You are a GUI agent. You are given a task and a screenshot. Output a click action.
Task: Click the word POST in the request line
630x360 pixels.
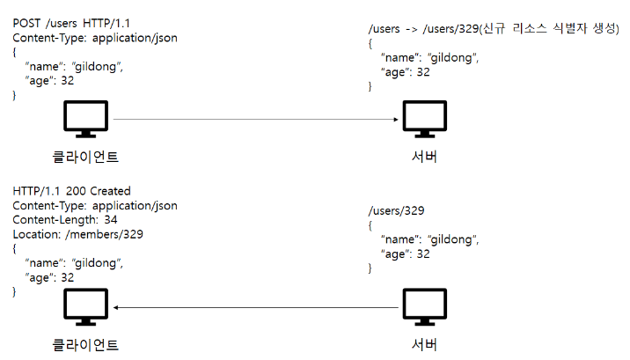pos(26,23)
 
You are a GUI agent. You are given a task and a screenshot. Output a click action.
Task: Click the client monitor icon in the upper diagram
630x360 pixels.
pos(85,119)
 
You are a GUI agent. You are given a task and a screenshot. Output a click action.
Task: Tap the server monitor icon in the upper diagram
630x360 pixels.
pos(425,119)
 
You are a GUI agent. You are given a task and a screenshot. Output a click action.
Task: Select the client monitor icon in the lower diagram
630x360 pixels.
pos(85,306)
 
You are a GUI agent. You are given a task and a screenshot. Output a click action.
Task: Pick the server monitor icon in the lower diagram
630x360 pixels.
pos(425,306)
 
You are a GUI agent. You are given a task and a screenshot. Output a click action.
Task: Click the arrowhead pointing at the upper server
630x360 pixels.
pos(396,120)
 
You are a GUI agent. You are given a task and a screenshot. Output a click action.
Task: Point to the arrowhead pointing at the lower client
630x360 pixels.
pos(116,308)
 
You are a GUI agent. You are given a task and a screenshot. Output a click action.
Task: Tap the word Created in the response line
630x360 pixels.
pos(111,191)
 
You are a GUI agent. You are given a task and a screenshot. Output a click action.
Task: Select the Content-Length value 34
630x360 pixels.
pos(111,220)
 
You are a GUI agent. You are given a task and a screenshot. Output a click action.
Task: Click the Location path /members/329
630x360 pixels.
pos(104,234)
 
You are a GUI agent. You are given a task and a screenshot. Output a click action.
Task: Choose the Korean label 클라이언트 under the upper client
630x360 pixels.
pos(85,157)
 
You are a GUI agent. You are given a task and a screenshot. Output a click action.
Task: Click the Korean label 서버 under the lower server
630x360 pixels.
pos(424,344)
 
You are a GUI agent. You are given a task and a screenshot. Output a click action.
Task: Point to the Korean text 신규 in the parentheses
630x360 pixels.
pos(494,28)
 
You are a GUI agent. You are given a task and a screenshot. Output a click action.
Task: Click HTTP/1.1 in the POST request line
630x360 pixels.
pos(106,23)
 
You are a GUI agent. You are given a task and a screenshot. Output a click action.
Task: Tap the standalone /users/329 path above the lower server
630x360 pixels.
pos(396,210)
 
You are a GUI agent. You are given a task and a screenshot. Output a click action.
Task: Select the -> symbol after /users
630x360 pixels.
pos(412,29)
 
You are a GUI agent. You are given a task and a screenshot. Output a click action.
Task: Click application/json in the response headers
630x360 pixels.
pos(135,206)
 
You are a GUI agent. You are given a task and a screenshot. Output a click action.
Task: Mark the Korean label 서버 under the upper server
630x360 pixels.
pos(424,157)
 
